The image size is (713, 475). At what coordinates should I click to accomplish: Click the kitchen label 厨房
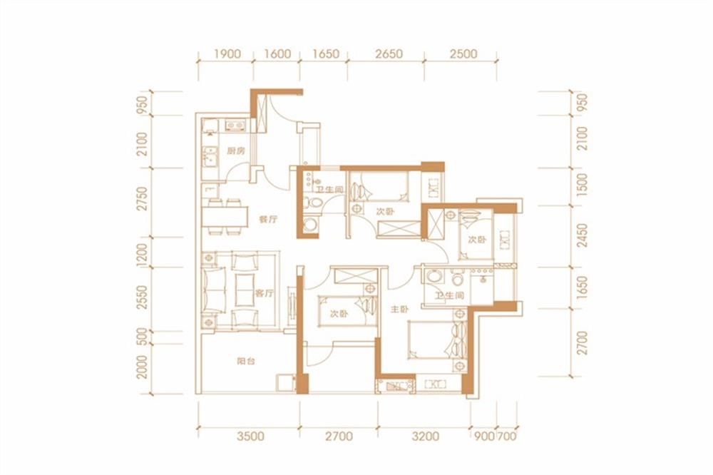point(236,152)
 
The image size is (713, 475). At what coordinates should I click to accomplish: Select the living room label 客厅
point(265,292)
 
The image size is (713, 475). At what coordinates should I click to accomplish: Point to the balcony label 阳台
point(246,361)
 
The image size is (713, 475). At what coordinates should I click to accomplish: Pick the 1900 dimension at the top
point(225,54)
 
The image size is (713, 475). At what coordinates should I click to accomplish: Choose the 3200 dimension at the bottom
point(424,435)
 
